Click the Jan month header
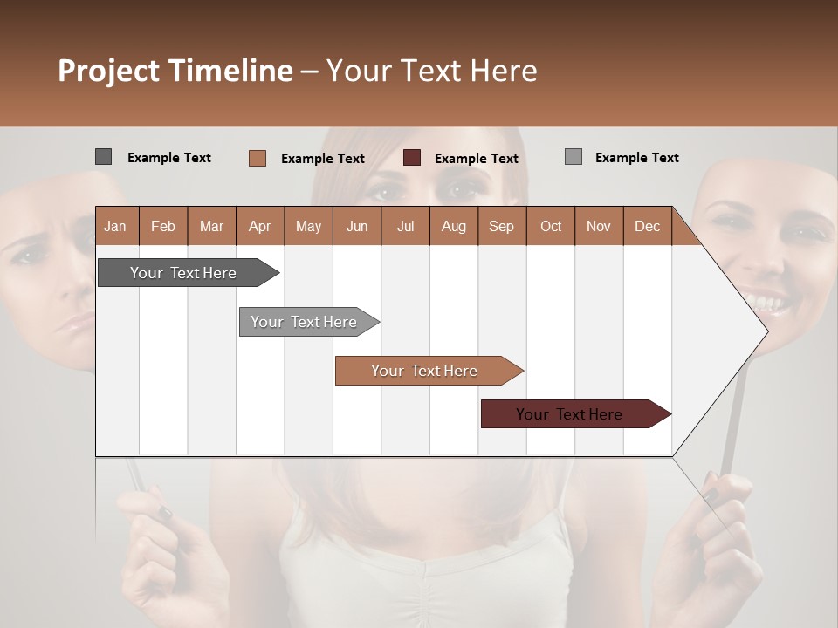[115, 226]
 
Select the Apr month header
[259, 226]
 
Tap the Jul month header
[405, 226]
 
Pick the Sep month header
[501, 226]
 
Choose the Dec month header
[647, 226]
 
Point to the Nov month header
[598, 226]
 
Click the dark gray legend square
[103, 157]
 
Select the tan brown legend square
[257, 158]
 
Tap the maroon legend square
[412, 158]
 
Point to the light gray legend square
[573, 157]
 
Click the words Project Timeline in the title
[175, 71]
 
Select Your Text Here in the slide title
[431, 71]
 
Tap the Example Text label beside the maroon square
[476, 159]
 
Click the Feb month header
[163, 226]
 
